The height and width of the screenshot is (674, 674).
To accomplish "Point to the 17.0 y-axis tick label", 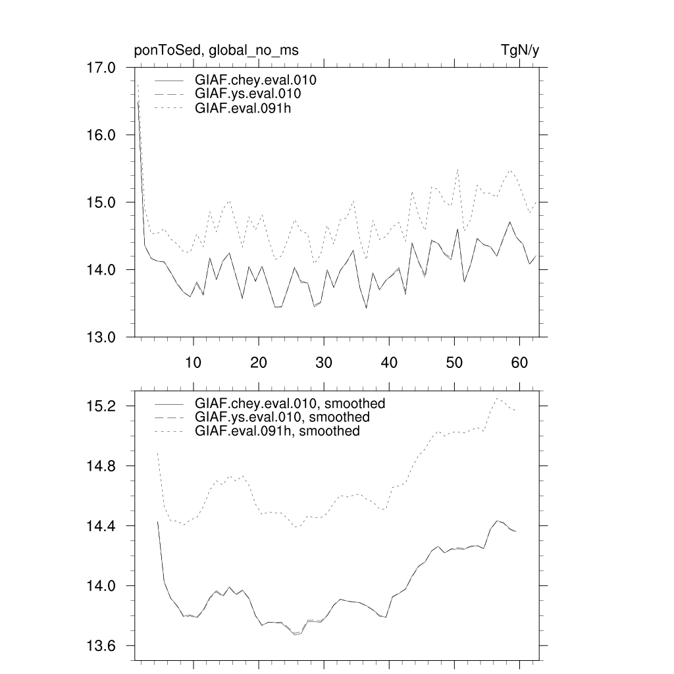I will [101, 68].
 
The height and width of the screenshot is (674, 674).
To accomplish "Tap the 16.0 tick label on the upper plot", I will [101, 135].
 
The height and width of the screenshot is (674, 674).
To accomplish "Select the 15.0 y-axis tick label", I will [101, 203].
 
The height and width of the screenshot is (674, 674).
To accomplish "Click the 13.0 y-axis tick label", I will [101, 337].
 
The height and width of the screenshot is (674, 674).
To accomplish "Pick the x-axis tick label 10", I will [193, 363].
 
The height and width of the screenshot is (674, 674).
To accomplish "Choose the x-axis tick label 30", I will [323, 363].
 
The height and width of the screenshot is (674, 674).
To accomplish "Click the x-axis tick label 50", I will [454, 363].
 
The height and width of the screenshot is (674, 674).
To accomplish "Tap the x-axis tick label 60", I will [519, 363].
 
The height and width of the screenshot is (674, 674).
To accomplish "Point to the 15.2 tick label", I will [101, 406].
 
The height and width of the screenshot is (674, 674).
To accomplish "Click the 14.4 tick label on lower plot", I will [101, 527].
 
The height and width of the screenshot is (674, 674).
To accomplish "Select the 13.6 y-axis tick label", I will [101, 646].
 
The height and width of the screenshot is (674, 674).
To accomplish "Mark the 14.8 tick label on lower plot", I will [101, 466].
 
